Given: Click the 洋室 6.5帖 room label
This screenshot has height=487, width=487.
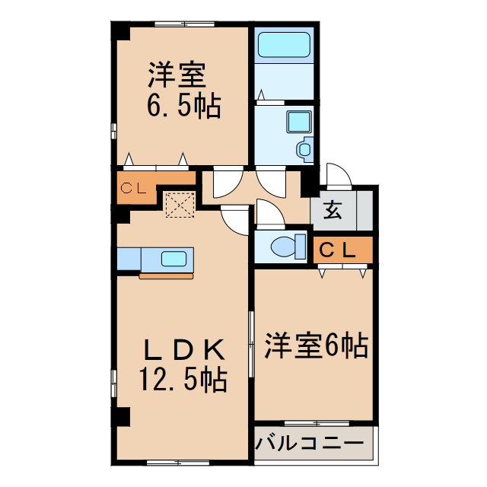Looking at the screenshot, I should point(182,91).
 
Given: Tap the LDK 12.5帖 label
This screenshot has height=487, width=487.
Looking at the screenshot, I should point(183,364).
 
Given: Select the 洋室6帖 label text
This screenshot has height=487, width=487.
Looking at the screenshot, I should point(316,346).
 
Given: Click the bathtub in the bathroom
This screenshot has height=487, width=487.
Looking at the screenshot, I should point(285,45).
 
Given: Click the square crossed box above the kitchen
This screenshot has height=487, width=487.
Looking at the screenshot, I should point(180,203).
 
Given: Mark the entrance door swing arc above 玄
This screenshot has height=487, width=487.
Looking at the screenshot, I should point(338,175).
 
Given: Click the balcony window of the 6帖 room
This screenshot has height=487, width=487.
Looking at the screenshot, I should point(317,422).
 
